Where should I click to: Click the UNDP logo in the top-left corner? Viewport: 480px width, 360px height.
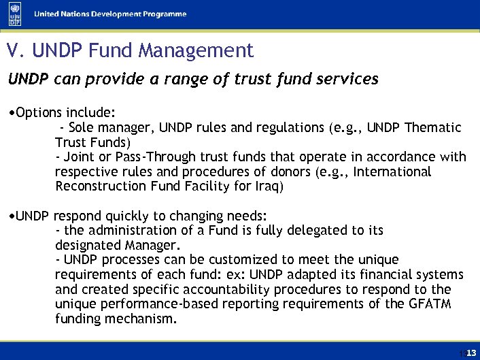coord(14,14)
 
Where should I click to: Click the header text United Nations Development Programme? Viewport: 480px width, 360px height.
coord(111,14)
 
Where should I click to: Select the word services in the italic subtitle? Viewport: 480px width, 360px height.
coord(349,79)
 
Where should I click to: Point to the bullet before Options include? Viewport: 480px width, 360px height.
coord(12,111)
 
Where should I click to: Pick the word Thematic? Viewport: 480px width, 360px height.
coord(432,127)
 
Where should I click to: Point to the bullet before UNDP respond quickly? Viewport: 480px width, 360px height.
coord(12,216)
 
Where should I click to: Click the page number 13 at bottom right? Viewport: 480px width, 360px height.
coord(470,351)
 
